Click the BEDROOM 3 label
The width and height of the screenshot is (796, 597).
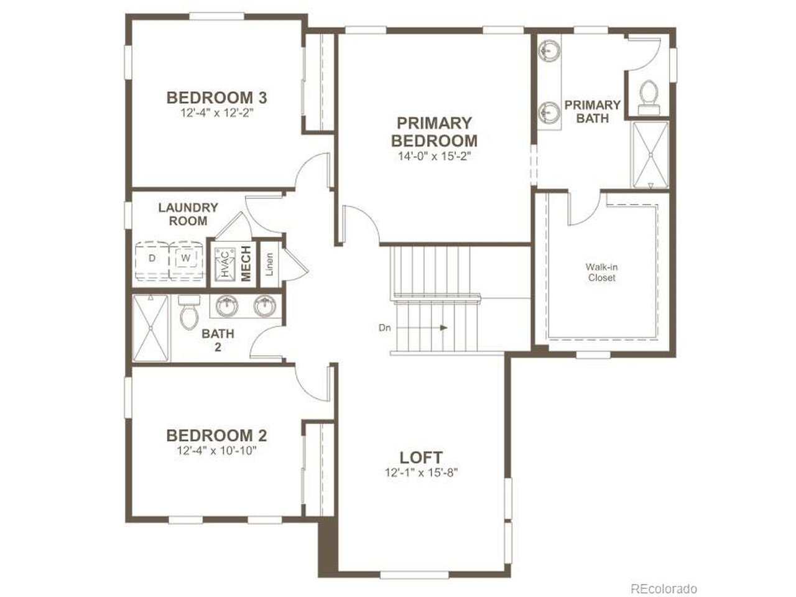point(216,98)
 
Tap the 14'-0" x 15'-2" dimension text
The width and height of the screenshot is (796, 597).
point(434,156)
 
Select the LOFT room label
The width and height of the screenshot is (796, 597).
point(421,458)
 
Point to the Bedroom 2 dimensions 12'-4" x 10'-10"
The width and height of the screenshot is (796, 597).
point(216,451)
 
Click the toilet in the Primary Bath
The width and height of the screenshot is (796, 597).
point(649,97)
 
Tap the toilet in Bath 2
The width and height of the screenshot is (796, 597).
point(189,312)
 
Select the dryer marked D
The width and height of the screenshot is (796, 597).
point(152,261)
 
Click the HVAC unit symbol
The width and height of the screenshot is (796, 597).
point(225,264)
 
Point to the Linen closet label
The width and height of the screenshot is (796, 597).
point(269,264)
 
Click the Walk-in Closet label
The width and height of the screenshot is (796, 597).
point(601,272)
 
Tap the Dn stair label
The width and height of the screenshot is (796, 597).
point(385,328)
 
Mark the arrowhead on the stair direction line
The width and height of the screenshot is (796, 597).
point(443,328)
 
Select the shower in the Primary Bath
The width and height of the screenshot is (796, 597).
point(650,155)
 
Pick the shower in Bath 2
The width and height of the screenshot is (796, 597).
point(150,328)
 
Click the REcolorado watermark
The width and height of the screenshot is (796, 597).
point(664,589)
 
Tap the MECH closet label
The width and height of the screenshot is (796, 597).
point(246,264)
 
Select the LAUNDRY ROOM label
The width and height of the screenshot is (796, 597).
point(188,214)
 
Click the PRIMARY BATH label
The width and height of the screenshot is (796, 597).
point(593,112)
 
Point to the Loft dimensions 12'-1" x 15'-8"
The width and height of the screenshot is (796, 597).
point(422,473)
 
